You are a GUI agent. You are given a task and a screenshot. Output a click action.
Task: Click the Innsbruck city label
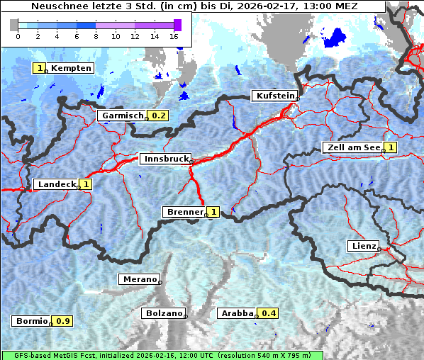point(164,159)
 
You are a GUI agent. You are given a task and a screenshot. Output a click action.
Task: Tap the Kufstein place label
point(274,96)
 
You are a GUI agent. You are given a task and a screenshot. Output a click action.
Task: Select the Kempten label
point(70,68)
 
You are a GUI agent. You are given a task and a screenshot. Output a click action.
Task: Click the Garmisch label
point(122,116)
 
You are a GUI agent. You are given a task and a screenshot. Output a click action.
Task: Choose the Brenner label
point(184,212)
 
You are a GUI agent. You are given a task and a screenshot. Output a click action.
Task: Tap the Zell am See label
point(352,147)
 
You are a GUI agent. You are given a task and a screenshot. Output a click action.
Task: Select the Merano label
point(138,279)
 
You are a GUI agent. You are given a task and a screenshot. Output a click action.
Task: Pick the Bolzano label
point(163,313)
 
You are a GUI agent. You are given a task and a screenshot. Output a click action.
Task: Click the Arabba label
point(237,313)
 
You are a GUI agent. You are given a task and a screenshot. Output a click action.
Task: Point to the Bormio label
point(31,321)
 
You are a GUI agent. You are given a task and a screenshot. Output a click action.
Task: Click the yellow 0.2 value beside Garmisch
point(159,116)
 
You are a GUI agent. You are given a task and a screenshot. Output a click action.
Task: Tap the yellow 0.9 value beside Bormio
point(63,321)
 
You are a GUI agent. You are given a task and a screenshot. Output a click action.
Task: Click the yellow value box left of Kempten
point(40,68)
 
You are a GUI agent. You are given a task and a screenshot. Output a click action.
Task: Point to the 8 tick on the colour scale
point(96,35)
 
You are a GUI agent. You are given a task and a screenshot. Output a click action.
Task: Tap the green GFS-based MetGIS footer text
point(162,355)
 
